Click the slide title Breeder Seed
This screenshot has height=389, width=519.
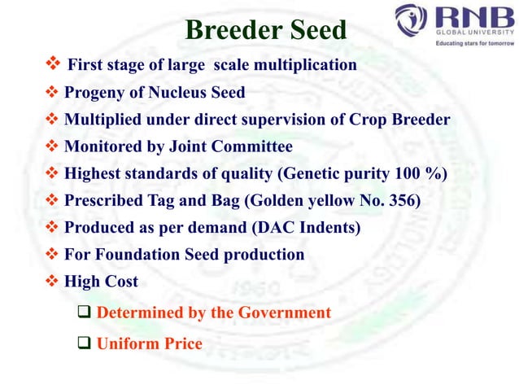click(265, 30)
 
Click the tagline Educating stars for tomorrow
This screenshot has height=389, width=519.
click(464, 43)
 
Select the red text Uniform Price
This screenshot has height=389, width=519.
click(149, 343)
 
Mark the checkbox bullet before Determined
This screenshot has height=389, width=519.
click(84, 313)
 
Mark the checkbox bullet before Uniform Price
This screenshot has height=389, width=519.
click(84, 343)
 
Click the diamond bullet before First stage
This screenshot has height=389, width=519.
click(53, 63)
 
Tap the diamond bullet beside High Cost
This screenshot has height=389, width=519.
click(53, 281)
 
